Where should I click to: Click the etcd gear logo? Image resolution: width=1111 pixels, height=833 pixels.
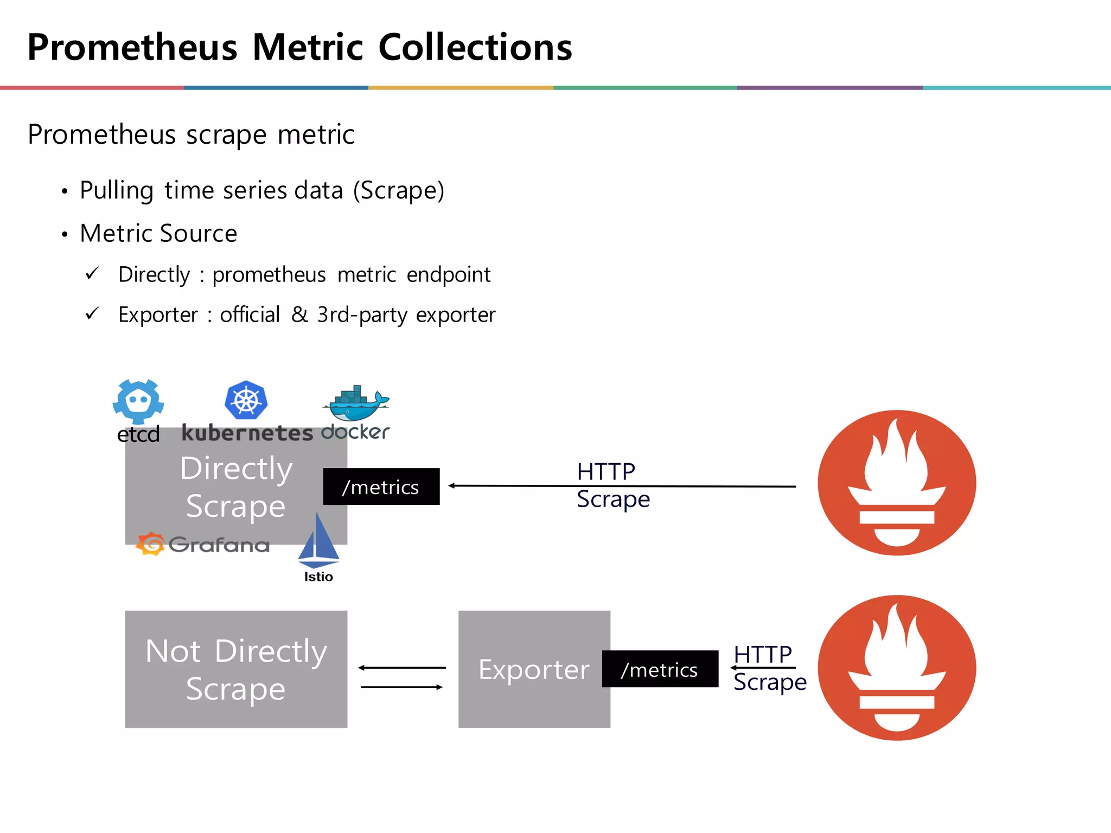pyautogui.click(x=138, y=401)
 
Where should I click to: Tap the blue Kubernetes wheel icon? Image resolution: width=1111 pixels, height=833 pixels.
pyautogui.click(x=246, y=400)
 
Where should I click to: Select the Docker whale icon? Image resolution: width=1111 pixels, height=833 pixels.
pyautogui.click(x=356, y=403)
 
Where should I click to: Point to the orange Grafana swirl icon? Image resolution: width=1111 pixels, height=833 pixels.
pyautogui.click(x=150, y=544)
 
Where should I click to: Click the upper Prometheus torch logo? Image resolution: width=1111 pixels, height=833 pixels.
pyautogui.click(x=897, y=483)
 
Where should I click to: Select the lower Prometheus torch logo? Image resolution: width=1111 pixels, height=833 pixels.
pyautogui.click(x=897, y=668)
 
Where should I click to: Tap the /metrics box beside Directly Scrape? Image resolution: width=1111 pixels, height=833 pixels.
pyautogui.click(x=381, y=486)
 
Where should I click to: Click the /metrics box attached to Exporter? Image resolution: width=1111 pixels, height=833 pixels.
pyautogui.click(x=660, y=669)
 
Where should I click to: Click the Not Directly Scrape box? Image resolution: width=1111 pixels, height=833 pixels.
pyautogui.click(x=236, y=669)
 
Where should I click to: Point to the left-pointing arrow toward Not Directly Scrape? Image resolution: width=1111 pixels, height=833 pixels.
pyautogui.click(x=402, y=668)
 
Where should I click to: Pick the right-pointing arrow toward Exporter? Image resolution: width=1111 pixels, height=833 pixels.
pyautogui.click(x=402, y=687)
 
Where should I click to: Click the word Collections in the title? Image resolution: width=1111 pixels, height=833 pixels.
pyautogui.click(x=475, y=47)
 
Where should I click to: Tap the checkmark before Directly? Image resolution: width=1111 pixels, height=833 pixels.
pyautogui.click(x=92, y=273)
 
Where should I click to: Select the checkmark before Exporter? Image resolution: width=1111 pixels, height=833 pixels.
pyautogui.click(x=92, y=313)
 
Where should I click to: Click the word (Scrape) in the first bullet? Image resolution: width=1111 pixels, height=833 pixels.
pyautogui.click(x=399, y=190)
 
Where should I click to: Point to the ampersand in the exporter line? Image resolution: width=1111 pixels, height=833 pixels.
pyautogui.click(x=299, y=315)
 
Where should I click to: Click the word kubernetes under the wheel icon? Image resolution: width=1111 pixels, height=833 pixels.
pyautogui.click(x=247, y=433)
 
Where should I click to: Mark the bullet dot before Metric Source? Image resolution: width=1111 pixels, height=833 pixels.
pyautogui.click(x=65, y=235)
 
